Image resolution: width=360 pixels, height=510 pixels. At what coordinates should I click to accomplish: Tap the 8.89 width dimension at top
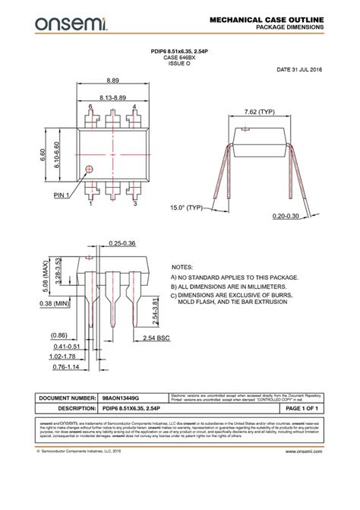point(112,80)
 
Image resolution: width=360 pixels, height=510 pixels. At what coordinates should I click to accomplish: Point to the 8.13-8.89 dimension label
point(112,98)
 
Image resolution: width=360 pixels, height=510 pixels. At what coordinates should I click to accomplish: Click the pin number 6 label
point(90,106)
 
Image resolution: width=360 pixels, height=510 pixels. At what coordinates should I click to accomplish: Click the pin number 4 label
point(134,106)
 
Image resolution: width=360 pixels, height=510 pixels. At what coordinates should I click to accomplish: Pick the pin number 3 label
point(134,204)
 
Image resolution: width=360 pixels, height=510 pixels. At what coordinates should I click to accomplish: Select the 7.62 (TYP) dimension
point(259,112)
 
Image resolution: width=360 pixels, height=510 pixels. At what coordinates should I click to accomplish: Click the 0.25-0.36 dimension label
point(122,242)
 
